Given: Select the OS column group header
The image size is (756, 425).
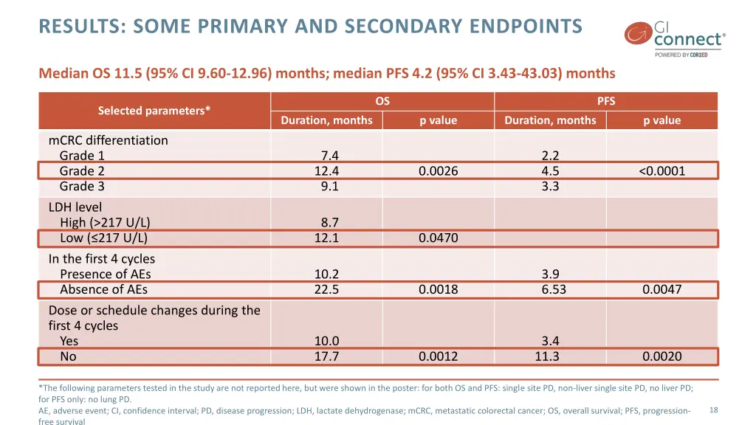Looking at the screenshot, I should coord(382,101).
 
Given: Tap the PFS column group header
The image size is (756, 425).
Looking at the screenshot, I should coord(606,101).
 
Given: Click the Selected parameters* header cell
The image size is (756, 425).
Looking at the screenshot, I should coord(154,111).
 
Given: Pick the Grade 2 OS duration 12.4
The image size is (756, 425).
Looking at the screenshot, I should coord(326,171).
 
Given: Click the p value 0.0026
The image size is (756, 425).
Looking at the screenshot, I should coord(438,171).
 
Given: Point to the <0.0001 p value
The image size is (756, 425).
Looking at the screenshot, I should coord(661,171).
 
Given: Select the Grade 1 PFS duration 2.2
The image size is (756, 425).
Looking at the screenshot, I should coord(550,156).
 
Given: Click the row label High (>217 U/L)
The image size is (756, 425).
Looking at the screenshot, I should coord(105,223).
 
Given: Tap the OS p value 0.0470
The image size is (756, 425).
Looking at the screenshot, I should coord(438,238).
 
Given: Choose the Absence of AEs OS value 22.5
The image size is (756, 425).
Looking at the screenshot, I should coord(326,290).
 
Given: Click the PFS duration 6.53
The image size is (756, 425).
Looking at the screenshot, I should coord(553,290).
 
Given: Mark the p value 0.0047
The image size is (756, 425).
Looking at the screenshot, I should coord(661,290).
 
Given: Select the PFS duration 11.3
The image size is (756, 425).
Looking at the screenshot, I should coord(547,357).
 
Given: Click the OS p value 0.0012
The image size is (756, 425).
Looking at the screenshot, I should coord(438,357).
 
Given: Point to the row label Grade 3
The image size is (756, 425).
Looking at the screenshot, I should coord(82,187).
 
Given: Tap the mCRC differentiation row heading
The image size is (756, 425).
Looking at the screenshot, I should coord(108,140).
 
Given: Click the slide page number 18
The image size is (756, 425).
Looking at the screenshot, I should coord(713,410).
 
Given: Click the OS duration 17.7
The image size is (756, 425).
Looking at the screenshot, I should coord(326,357).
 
